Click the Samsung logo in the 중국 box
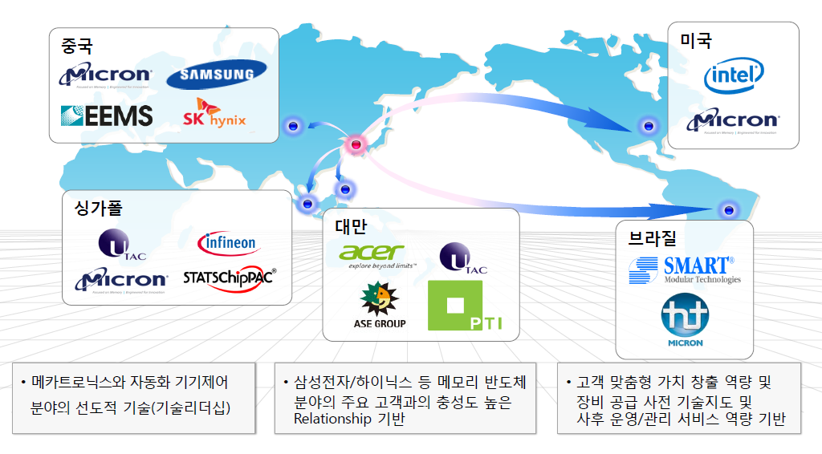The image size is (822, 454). (x=217, y=75)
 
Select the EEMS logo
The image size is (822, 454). (x=107, y=116)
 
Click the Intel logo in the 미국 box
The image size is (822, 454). (x=733, y=77)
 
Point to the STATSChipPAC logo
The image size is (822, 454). (x=229, y=278)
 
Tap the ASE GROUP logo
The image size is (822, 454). (x=380, y=306)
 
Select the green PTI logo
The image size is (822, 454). (x=466, y=305)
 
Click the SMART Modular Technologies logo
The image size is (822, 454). (x=685, y=270)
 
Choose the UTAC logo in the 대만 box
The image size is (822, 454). (x=463, y=257)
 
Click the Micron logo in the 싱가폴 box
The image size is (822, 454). (x=121, y=280)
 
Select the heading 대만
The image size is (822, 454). (x=350, y=225)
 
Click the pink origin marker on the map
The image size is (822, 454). (x=356, y=144)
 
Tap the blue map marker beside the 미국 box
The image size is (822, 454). (x=647, y=126)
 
